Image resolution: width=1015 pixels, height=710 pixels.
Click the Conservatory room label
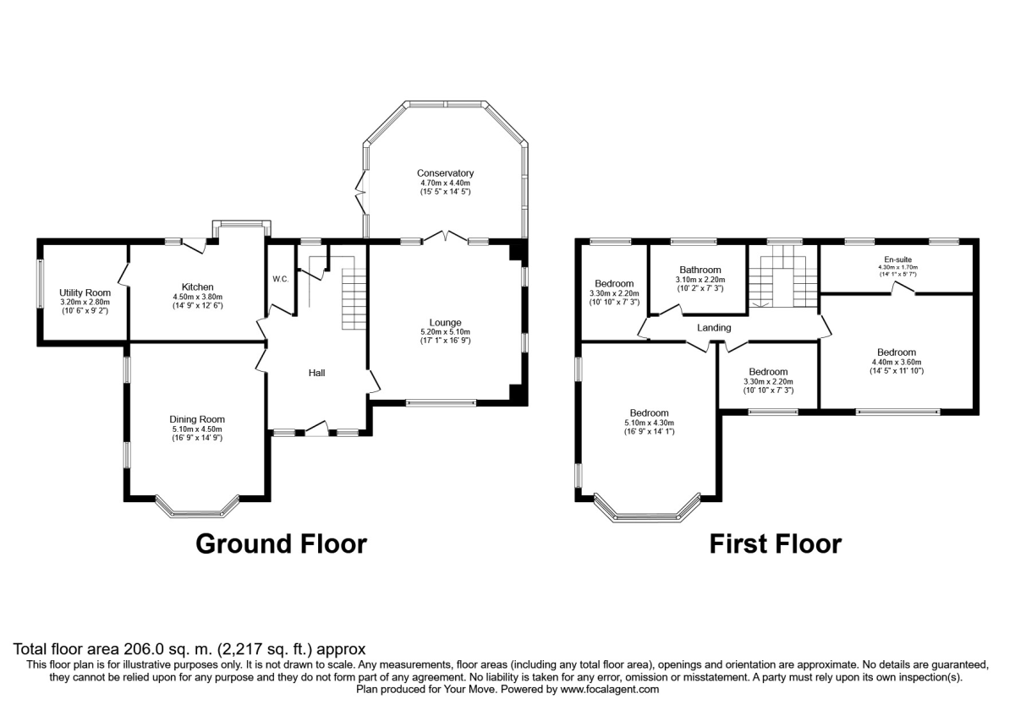pyautogui.click(x=445, y=173)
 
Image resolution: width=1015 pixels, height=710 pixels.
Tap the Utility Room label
pyautogui.click(x=83, y=292)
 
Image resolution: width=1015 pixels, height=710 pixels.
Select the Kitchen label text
pyautogui.click(x=197, y=287)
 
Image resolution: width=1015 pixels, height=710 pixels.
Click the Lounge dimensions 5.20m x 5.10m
pyautogui.click(x=445, y=331)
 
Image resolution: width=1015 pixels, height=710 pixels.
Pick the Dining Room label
pyautogui.click(x=197, y=419)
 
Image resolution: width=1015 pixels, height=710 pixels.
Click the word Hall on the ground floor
pyautogui.click(x=316, y=373)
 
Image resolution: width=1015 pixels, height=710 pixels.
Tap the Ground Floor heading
pyautogui.click(x=281, y=543)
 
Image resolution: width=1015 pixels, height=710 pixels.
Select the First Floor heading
pyautogui.click(x=775, y=543)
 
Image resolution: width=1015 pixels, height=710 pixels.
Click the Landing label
pyautogui.click(x=714, y=328)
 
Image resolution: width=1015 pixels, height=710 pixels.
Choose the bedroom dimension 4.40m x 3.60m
pyautogui.click(x=896, y=362)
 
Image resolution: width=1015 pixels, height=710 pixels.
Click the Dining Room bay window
pyautogui.click(x=198, y=509)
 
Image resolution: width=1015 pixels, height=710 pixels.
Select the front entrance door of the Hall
pyautogui.click(x=316, y=429)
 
